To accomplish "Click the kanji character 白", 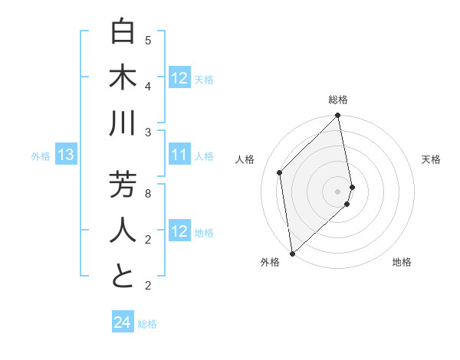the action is point(123,33).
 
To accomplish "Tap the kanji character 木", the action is point(123,79).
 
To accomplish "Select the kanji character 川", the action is point(123,125).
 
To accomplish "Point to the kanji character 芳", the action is point(123,185).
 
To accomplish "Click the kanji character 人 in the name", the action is point(123,231).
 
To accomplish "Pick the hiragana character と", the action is point(123,277).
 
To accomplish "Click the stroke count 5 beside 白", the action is point(148,40).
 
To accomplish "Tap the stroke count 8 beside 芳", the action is point(148,193).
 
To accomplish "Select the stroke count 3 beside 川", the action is point(148,133).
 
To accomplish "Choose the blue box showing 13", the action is point(65,155).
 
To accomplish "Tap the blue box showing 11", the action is point(179,155).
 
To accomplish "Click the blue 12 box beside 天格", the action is point(179,78).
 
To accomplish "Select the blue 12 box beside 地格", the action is point(179,232).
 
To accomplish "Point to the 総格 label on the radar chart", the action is point(338,100).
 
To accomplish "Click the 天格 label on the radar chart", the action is point(432,159).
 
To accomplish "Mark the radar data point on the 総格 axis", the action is point(338,116).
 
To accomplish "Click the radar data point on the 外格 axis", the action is point(292,253).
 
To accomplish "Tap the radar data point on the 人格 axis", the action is point(280,172).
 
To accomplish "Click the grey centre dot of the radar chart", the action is point(338,191).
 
